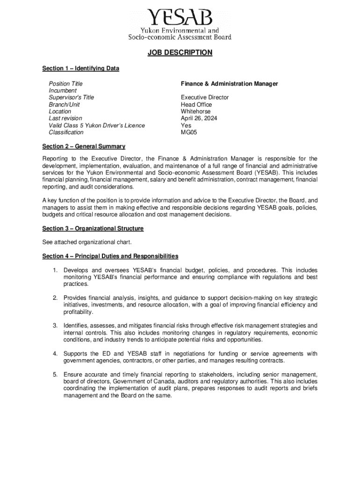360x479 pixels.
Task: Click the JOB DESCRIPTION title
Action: click(x=180, y=53)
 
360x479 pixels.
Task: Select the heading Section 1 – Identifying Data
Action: click(x=80, y=69)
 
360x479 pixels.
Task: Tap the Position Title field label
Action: click(x=65, y=84)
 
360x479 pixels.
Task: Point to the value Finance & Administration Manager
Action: click(x=229, y=84)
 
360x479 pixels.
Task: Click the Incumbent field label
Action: click(x=63, y=90)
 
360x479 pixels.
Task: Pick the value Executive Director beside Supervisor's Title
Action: click(x=205, y=97)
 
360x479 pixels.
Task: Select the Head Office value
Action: click(x=196, y=105)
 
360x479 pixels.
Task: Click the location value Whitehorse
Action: click(x=195, y=112)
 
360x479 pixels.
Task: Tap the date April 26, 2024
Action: click(x=199, y=118)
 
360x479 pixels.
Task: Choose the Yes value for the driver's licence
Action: click(x=186, y=125)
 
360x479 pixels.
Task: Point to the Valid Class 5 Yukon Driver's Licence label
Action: click(x=97, y=125)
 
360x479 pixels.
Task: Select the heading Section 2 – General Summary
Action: click(x=84, y=146)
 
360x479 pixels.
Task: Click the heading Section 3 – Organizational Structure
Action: click(x=93, y=229)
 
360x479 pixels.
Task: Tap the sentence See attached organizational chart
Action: click(x=87, y=242)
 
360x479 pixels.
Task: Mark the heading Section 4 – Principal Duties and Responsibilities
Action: click(x=110, y=256)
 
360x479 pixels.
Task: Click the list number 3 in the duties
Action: click(x=55, y=326)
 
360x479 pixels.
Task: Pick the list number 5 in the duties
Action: click(x=55, y=374)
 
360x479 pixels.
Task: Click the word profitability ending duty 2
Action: click(x=78, y=312)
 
